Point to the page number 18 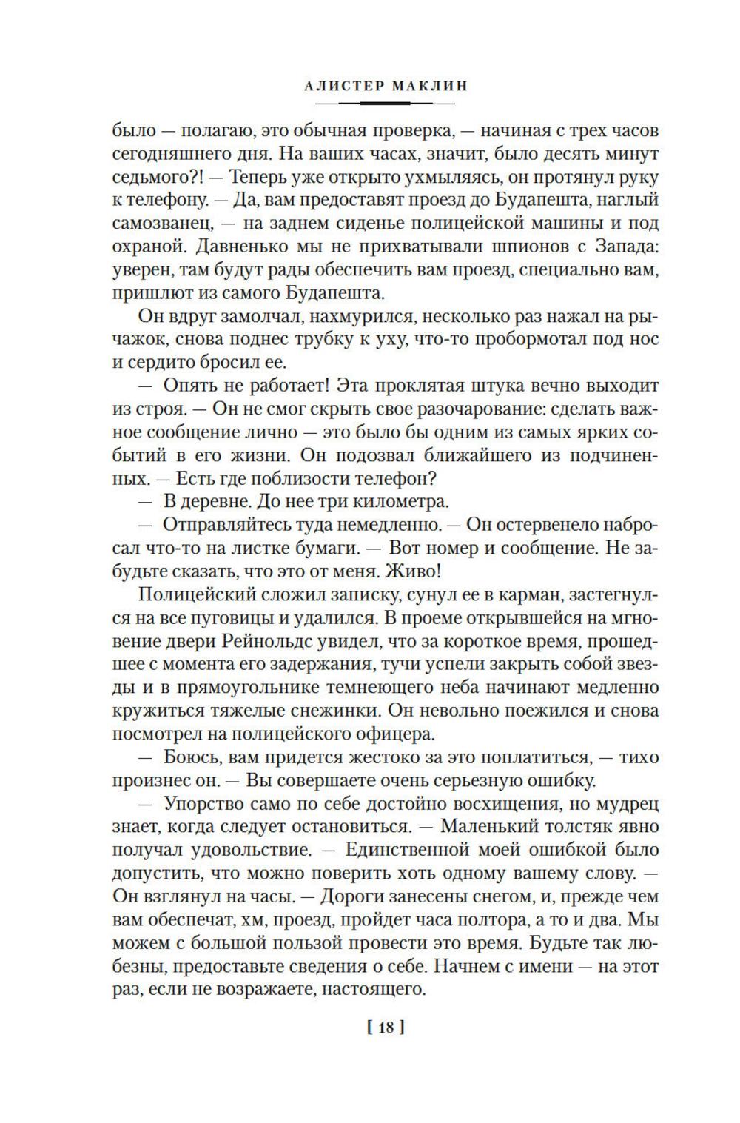pyautogui.click(x=385, y=1027)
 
